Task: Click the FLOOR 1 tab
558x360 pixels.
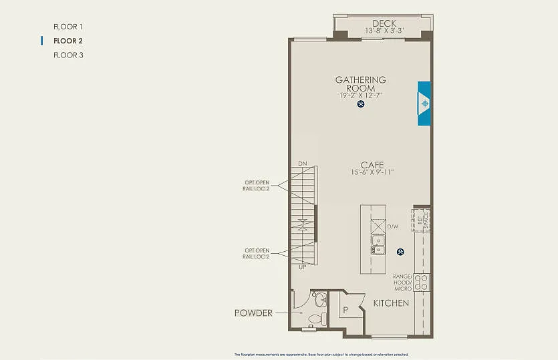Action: coord(67,27)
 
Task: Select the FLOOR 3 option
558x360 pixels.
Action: coord(67,55)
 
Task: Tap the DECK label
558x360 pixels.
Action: coord(384,23)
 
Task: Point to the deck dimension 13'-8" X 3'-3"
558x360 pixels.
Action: coord(384,31)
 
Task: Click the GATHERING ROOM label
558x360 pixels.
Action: coord(360,84)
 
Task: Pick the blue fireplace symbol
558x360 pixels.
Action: coord(424,104)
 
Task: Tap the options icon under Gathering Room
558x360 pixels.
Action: coord(361,104)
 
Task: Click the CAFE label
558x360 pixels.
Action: coord(372,164)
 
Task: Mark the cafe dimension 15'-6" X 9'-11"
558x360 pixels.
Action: coord(372,172)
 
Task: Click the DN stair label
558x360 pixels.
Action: coord(303,164)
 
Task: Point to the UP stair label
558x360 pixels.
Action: coord(303,266)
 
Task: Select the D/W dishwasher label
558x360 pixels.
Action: coord(394,226)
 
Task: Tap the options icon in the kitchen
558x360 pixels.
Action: coord(400,252)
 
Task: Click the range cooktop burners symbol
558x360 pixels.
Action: coord(422,282)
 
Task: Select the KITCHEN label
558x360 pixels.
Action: coord(391,303)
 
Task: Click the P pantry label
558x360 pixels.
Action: coord(345,309)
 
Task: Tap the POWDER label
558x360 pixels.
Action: coord(253,313)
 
